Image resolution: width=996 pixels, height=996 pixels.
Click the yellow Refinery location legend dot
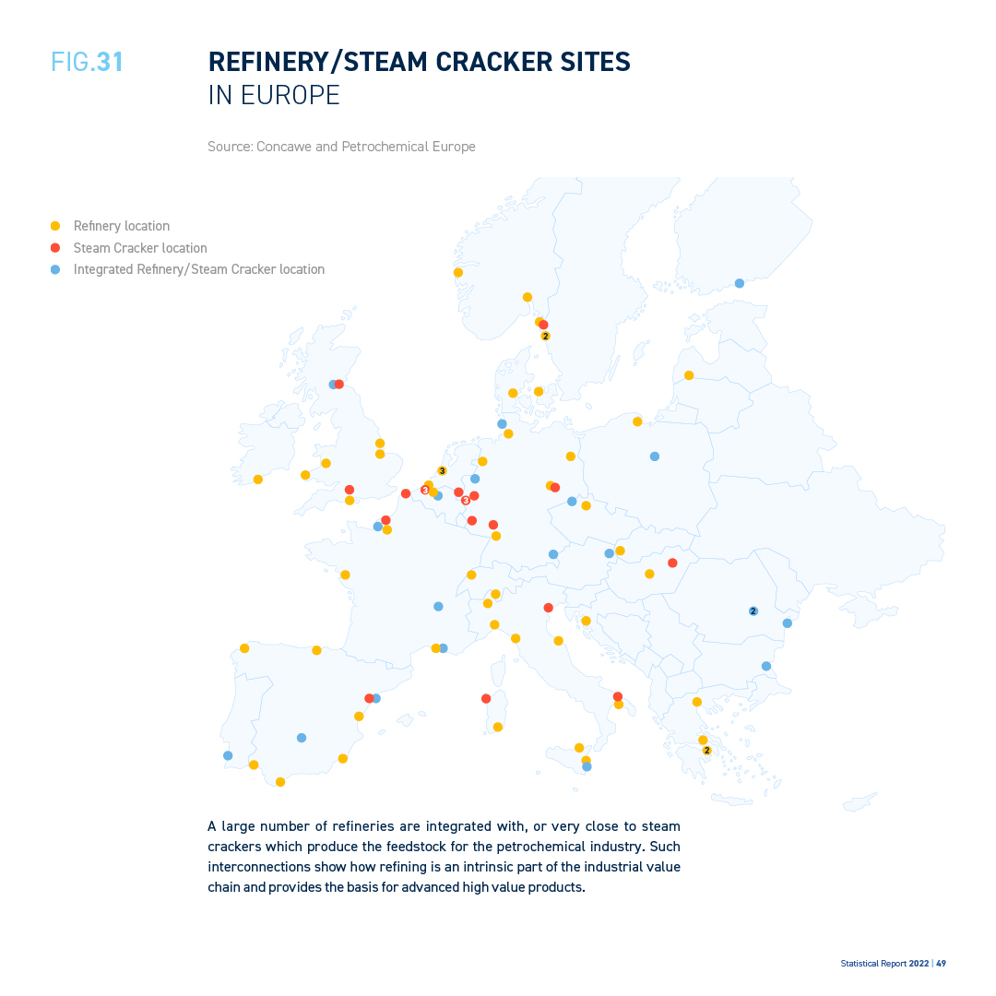(55, 226)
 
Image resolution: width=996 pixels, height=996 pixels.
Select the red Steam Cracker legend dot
(55, 248)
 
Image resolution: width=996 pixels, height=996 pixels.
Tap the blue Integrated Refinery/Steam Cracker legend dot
(55, 270)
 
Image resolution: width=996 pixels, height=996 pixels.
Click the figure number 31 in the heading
(110, 62)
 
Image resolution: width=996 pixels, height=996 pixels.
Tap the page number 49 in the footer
(941, 963)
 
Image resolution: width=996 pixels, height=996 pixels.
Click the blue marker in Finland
(739, 283)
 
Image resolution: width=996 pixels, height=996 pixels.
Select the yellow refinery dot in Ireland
(258, 480)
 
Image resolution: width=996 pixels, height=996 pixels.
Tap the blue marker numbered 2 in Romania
(753, 611)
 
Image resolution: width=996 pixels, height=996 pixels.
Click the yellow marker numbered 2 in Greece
(707, 751)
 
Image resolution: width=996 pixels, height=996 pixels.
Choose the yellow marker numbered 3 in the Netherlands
(442, 471)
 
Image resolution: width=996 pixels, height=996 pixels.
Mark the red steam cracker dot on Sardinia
(486, 698)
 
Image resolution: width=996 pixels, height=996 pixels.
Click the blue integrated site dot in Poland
(655, 456)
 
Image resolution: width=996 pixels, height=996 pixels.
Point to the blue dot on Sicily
(587, 766)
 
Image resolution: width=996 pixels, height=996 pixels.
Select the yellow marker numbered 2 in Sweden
(545, 337)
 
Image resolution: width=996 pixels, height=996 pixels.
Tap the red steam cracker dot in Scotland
(339, 385)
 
